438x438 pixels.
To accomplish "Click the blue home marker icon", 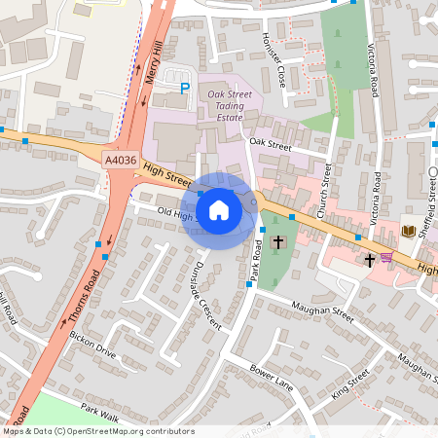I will (x=219, y=210).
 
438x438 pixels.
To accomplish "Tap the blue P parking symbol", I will (x=185, y=89).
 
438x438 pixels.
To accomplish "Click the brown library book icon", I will (x=409, y=231).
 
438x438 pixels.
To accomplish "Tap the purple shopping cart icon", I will (x=387, y=258).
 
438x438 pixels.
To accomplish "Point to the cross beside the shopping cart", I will (x=369, y=260).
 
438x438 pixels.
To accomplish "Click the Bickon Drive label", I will (x=92, y=345).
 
